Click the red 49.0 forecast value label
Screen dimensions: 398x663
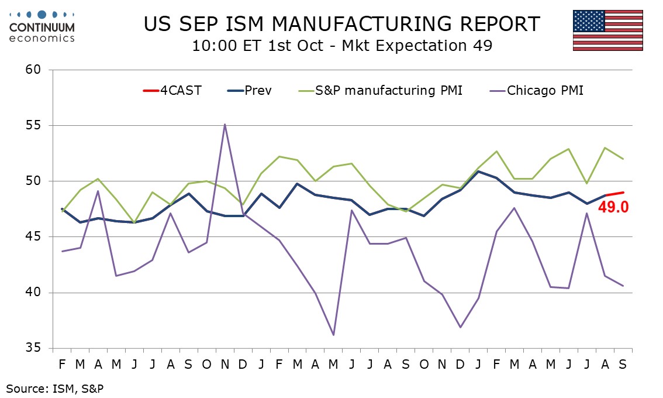click(x=613, y=207)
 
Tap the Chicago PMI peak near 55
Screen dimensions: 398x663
click(x=225, y=125)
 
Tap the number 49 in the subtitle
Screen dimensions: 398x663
click(x=479, y=46)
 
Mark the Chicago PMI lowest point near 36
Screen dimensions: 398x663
click(x=334, y=335)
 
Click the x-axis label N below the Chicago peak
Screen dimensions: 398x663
click(x=225, y=364)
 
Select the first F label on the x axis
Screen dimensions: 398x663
click(x=62, y=364)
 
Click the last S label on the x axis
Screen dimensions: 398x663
click(x=623, y=364)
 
